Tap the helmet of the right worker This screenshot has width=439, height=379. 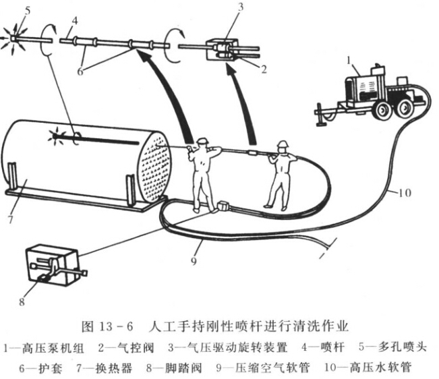click(284, 145)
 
